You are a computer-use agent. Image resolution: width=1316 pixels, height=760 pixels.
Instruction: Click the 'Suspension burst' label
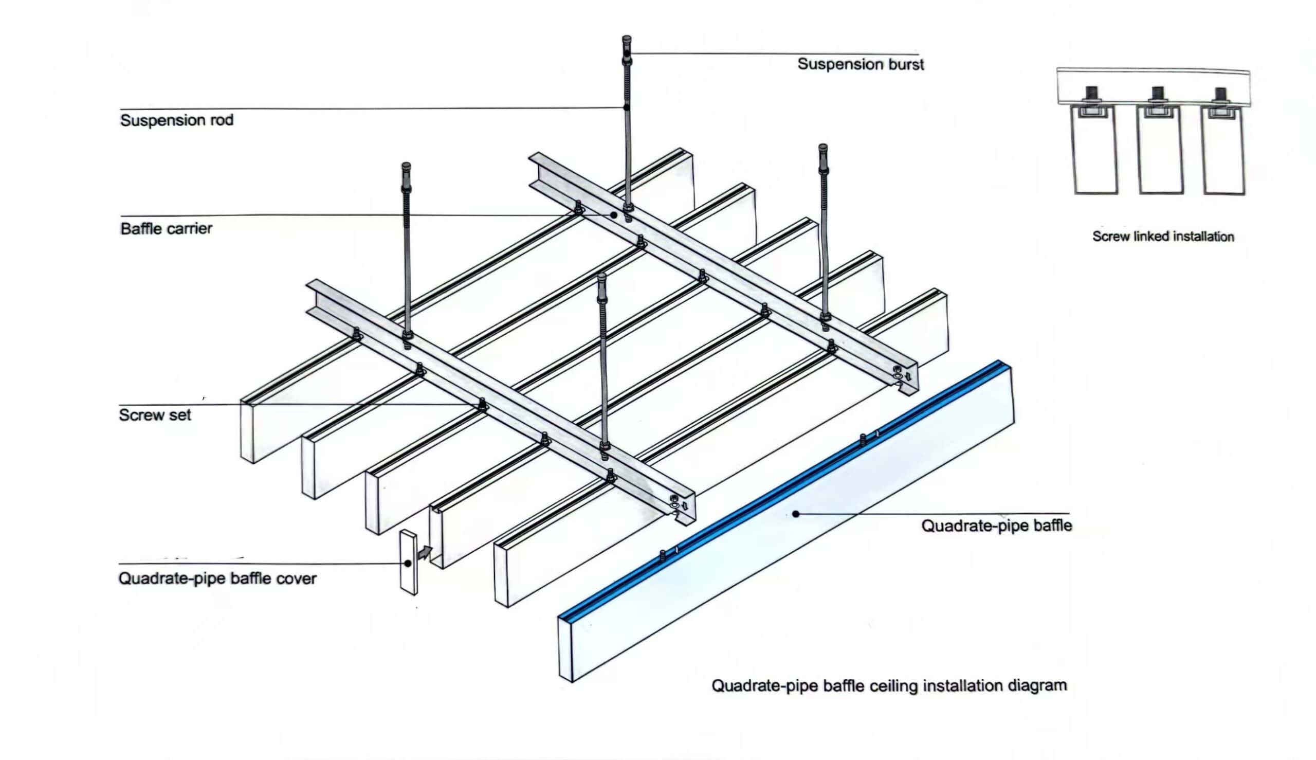860,64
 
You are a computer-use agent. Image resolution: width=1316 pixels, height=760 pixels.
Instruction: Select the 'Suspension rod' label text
176,120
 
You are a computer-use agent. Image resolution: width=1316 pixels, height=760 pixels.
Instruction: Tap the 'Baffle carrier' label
166,229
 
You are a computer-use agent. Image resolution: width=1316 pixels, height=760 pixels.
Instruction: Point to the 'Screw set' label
154,415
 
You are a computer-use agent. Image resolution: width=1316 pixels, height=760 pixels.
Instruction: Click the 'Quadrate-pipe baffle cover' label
217,578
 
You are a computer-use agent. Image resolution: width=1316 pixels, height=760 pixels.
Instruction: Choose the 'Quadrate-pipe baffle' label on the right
996,525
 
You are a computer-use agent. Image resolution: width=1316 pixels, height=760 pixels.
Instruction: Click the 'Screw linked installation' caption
1163,237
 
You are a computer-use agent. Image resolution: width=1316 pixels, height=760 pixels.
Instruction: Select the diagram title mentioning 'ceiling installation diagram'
889,685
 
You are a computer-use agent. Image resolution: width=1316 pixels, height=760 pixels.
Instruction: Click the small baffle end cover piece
409,562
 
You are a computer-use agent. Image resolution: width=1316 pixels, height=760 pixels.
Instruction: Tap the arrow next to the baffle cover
425,552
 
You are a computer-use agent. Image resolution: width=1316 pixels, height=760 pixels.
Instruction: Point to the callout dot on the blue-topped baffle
796,514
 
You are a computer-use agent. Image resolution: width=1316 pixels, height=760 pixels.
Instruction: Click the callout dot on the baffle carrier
614,214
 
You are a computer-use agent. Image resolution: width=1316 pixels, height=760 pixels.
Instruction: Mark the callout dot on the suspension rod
626,107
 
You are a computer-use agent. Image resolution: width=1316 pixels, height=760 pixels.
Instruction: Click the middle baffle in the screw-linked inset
1159,151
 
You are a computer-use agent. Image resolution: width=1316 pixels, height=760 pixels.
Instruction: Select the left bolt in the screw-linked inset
1091,95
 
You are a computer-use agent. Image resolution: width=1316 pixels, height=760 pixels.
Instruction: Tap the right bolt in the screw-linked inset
1221,96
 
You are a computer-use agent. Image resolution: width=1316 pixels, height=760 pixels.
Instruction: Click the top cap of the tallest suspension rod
627,40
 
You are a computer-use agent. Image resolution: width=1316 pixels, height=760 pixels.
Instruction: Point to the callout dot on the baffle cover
408,563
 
